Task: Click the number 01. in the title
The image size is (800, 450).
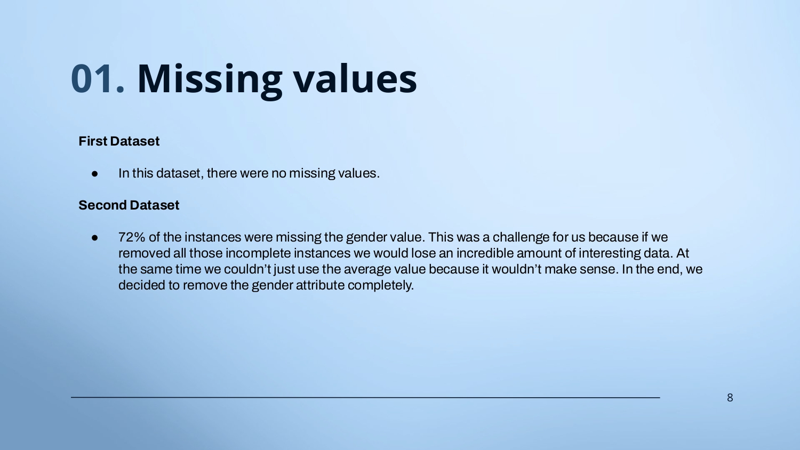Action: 98,79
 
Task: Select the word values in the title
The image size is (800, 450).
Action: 355,78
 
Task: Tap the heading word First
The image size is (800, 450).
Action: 93,141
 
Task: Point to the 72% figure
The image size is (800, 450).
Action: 132,237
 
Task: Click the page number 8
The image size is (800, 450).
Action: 730,398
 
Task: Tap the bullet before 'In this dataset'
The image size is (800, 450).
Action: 94,174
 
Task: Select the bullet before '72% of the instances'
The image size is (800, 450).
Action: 94,237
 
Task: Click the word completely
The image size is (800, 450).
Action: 381,286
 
